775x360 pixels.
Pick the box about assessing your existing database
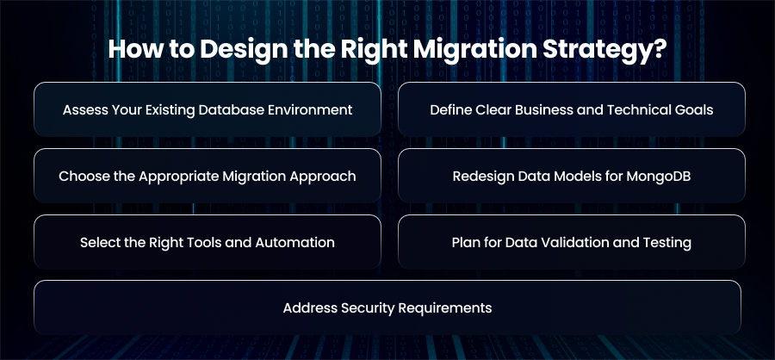[x=208, y=109]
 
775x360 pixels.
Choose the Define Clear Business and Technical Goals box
[x=572, y=109]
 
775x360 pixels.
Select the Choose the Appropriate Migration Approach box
[x=208, y=176]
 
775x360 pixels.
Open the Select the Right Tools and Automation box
[x=208, y=242]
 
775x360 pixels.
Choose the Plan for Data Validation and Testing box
[x=572, y=242]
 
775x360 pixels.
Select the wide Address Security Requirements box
[x=387, y=307]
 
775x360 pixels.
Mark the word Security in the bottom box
[x=369, y=308]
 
